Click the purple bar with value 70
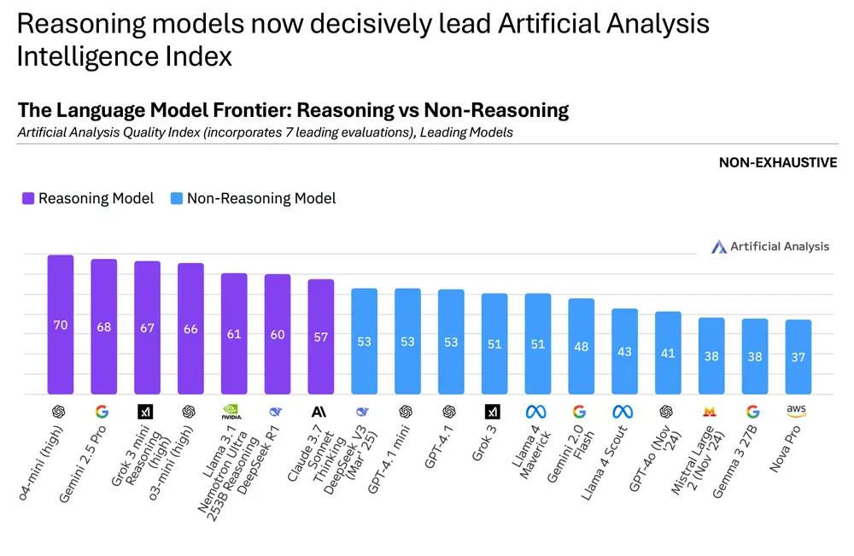(61, 325)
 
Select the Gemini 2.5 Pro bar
(104, 326)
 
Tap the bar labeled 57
(321, 337)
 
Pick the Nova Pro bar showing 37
(798, 357)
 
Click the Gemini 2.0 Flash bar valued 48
(582, 346)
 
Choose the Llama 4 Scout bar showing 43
(624, 351)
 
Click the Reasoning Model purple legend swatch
(28, 198)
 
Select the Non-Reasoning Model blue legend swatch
(177, 198)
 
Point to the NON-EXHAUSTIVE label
(778, 162)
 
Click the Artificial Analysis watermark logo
(719, 247)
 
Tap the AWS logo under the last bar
(798, 411)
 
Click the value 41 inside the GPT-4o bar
(668, 353)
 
